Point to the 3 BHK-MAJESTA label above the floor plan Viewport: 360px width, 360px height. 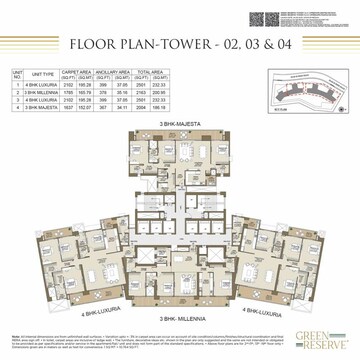tap(180, 126)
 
